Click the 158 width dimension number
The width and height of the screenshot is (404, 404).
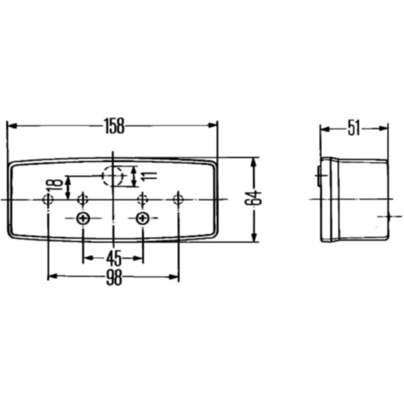coord(113,125)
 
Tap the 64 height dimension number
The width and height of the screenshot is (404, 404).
coord(253,199)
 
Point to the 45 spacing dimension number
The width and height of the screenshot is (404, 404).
coord(113,258)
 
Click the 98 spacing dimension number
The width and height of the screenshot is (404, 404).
coord(113,277)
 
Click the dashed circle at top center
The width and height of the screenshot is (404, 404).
coord(113,175)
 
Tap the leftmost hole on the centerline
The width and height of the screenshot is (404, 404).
coord(48,199)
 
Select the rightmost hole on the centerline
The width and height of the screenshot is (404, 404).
coord(178,199)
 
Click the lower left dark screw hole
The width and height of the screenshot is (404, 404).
coord(83,218)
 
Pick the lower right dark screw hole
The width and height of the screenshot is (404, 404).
coord(143,218)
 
